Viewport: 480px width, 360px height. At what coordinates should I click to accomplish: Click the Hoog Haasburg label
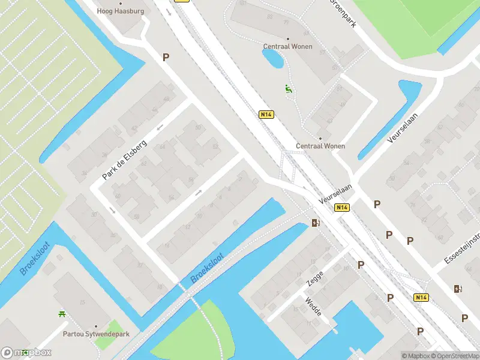121,11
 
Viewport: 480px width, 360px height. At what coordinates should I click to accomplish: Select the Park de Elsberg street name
125,155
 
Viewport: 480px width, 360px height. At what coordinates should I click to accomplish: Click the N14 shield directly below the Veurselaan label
341,208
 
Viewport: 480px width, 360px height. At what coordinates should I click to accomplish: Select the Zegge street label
314,278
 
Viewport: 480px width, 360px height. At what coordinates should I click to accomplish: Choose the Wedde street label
313,307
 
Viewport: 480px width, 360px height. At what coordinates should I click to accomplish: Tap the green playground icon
289,89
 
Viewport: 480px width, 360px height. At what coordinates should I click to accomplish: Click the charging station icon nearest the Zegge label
316,223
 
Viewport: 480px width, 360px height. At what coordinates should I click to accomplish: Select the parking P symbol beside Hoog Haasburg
166,57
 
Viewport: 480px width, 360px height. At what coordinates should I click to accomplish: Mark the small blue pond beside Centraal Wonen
273,58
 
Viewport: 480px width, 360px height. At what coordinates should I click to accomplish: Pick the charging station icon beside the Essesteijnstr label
458,289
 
